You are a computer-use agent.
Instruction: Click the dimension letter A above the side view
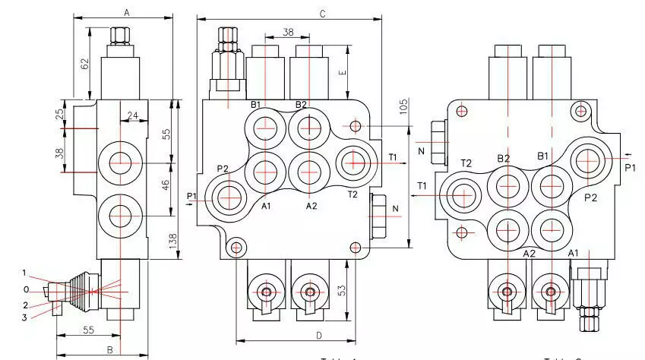pyautogui.click(x=126, y=11)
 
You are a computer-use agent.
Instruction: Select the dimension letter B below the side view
pyautogui.click(x=109, y=350)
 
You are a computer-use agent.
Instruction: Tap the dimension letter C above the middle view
pyautogui.click(x=322, y=14)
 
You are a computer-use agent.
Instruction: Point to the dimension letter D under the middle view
pyautogui.click(x=298, y=334)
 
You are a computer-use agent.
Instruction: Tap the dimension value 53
pyautogui.click(x=342, y=290)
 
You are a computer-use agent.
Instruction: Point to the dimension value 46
pyautogui.click(x=166, y=184)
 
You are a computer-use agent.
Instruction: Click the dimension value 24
pyautogui.click(x=133, y=116)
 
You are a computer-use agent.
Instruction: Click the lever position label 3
pyautogui.click(x=25, y=317)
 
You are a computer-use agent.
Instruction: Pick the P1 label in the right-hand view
pyautogui.click(x=630, y=168)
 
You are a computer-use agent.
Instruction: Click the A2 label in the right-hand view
pyautogui.click(x=530, y=253)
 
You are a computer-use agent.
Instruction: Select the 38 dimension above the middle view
pyautogui.click(x=288, y=33)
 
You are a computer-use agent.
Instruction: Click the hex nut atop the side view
pyautogui.click(x=121, y=36)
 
